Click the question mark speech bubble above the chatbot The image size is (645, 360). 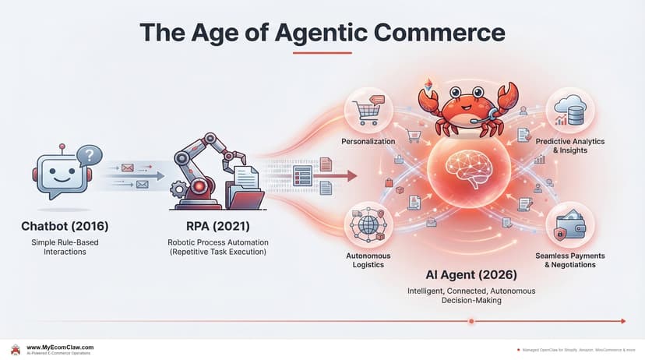pyautogui.click(x=90, y=156)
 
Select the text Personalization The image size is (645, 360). pyautogui.click(x=368, y=142)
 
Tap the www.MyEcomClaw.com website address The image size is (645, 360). pyautogui.click(x=61, y=347)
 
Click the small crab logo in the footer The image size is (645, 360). pyautogui.click(x=15, y=349)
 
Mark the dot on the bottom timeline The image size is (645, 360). pyautogui.click(x=469, y=320)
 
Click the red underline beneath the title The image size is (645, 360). pyautogui.click(x=322, y=52)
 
